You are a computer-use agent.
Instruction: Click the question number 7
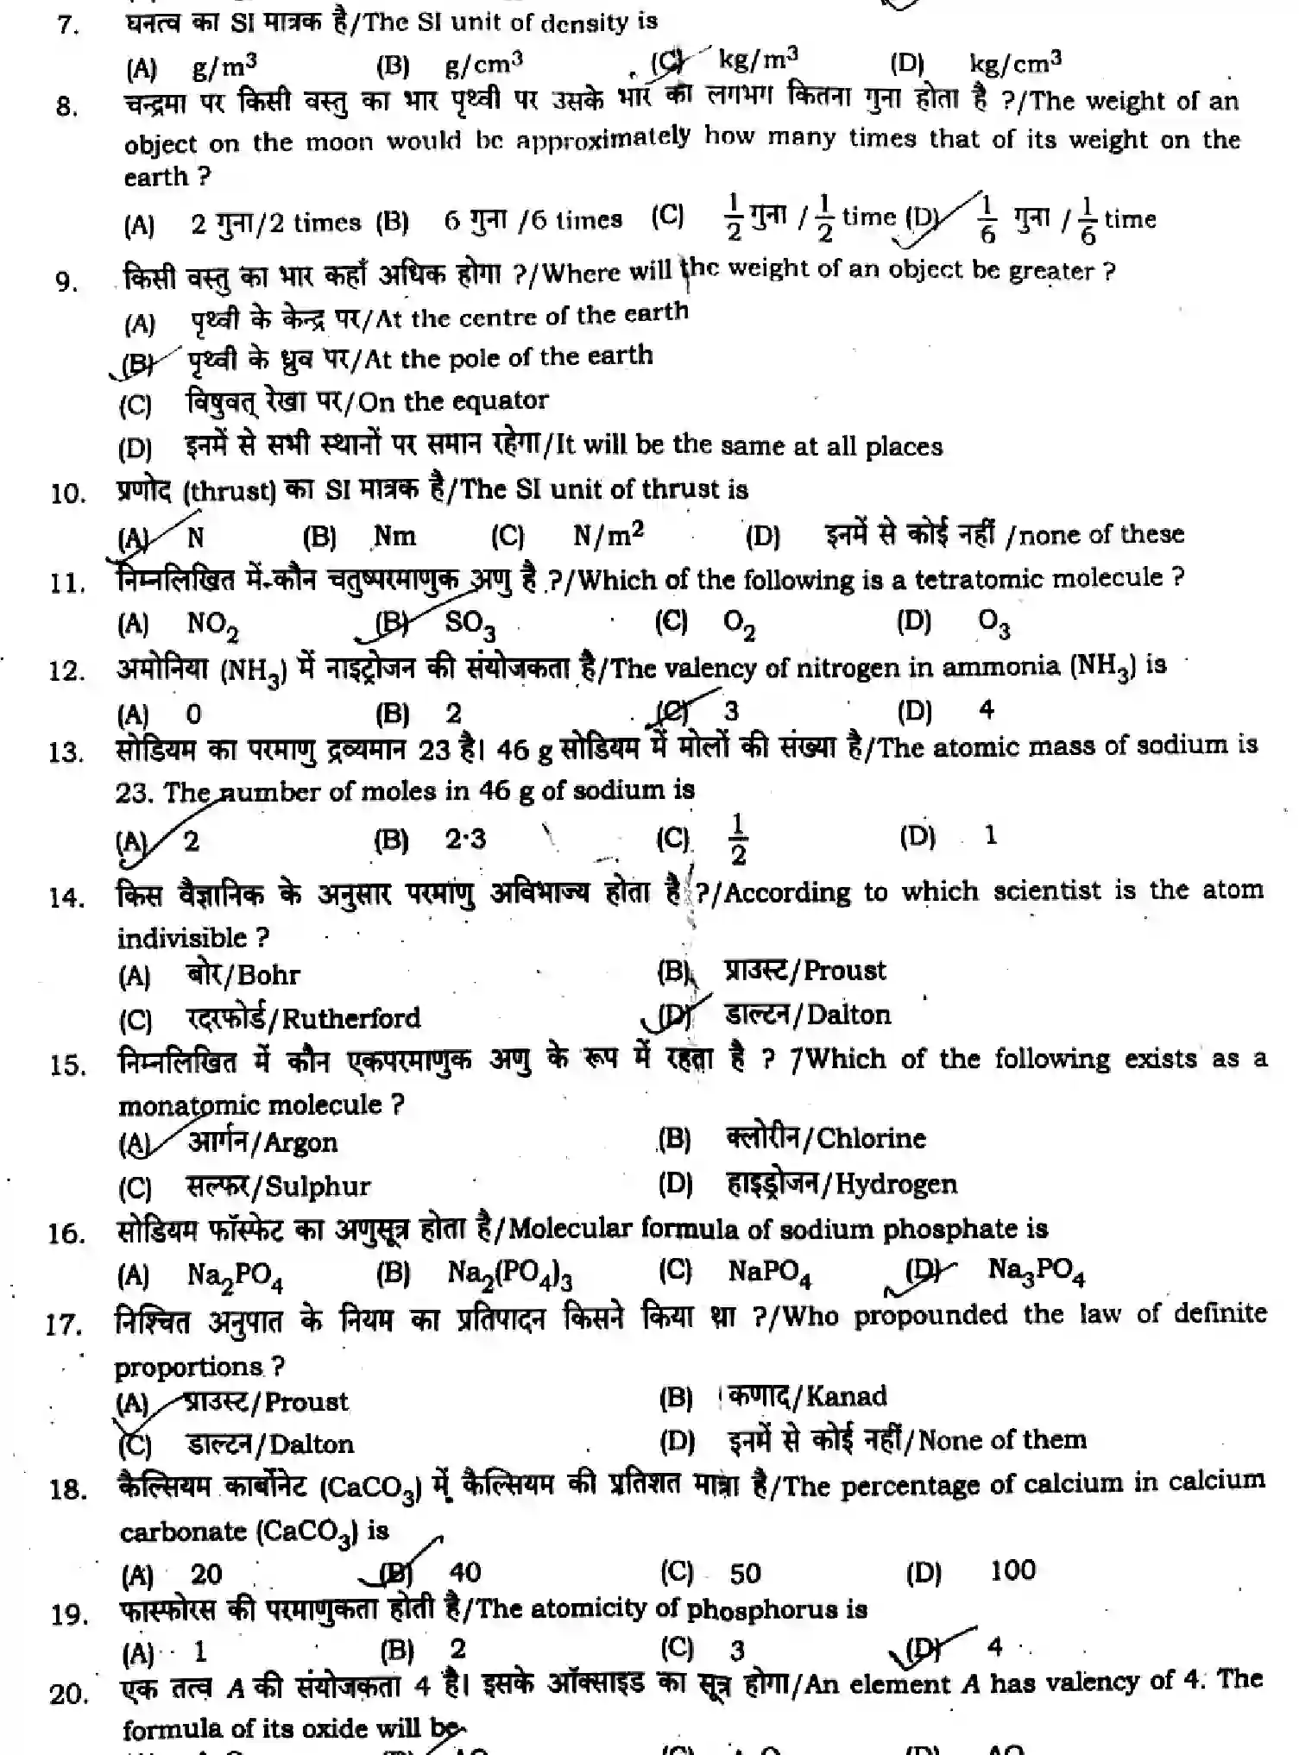point(67,24)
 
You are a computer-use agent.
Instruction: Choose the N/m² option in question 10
point(609,535)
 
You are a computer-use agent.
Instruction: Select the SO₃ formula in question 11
point(470,623)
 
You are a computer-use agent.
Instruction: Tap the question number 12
point(66,671)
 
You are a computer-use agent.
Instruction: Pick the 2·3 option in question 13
point(465,839)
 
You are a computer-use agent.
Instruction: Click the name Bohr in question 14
point(268,976)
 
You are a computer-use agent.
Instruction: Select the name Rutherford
point(351,1019)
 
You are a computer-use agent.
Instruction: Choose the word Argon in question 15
point(300,1143)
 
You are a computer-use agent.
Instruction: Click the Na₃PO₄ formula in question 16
point(1036,1271)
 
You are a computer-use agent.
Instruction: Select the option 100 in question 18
point(1012,1570)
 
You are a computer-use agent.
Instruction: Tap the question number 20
point(67,1695)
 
